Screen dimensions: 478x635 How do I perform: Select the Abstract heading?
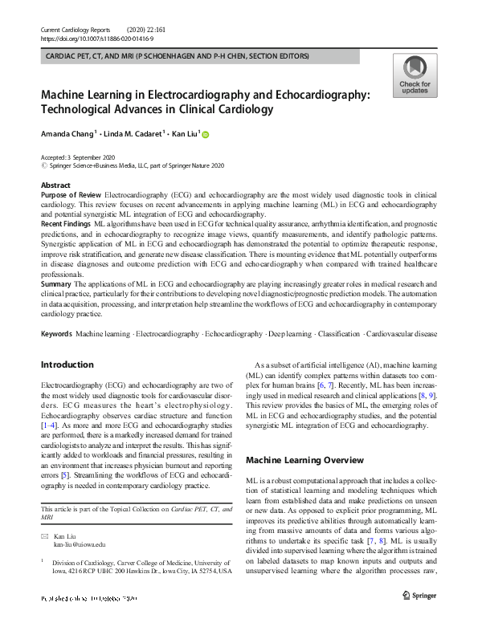click(55, 185)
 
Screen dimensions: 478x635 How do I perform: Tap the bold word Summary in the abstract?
click(55, 283)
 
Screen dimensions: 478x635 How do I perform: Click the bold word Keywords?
click(56, 332)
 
